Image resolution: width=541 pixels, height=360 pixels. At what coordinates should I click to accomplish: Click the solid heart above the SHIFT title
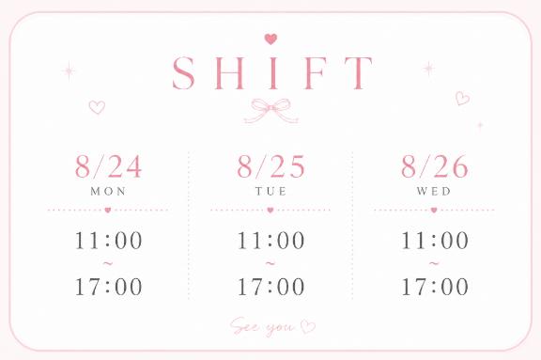pyautogui.click(x=270, y=39)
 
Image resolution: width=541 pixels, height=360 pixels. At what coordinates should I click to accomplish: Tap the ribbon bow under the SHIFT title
pyautogui.click(x=271, y=111)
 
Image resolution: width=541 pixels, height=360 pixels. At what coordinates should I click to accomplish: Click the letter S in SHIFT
pyautogui.click(x=183, y=72)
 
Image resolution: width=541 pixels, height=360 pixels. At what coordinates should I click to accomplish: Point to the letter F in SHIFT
pyautogui.click(x=315, y=72)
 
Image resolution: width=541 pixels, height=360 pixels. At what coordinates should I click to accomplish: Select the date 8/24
pyautogui.click(x=108, y=166)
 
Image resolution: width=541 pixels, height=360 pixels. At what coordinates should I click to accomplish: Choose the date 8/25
pyautogui.click(x=270, y=166)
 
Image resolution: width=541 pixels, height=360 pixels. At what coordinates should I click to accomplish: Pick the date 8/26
pyautogui.click(x=434, y=166)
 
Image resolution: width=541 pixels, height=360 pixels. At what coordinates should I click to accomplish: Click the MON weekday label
pyautogui.click(x=108, y=191)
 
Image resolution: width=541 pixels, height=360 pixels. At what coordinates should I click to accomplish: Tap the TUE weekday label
pyautogui.click(x=270, y=191)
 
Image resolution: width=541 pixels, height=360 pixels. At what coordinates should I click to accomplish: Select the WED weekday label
pyautogui.click(x=434, y=191)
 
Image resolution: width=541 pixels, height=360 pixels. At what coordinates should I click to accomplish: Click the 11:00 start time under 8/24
pyautogui.click(x=109, y=241)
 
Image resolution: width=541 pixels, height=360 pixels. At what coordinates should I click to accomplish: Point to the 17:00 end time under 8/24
pyautogui.click(x=109, y=287)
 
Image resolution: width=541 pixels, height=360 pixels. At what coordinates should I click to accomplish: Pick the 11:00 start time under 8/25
pyautogui.click(x=271, y=241)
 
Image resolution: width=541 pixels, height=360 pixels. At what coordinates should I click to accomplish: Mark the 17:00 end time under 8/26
pyautogui.click(x=435, y=287)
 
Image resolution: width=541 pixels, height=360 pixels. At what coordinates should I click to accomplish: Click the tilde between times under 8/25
pyautogui.click(x=270, y=264)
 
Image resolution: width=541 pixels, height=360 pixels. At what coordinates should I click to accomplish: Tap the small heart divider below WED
pyautogui.click(x=434, y=210)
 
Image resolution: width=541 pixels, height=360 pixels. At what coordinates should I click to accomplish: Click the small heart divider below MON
pyautogui.click(x=108, y=210)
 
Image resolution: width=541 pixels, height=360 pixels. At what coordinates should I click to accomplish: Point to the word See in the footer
pyautogui.click(x=244, y=325)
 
